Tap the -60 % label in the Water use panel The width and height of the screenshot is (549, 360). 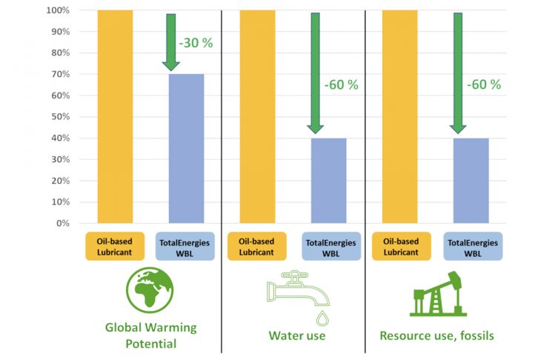[341, 85]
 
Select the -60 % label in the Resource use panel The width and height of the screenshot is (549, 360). [483, 85]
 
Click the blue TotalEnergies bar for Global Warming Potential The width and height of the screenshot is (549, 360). [186, 148]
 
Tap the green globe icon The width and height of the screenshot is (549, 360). [150, 291]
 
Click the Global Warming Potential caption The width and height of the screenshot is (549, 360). [150, 336]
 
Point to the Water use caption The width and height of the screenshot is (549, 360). [296, 336]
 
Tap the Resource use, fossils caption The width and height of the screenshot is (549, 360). [436, 336]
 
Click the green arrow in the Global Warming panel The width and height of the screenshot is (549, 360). [170, 41]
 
